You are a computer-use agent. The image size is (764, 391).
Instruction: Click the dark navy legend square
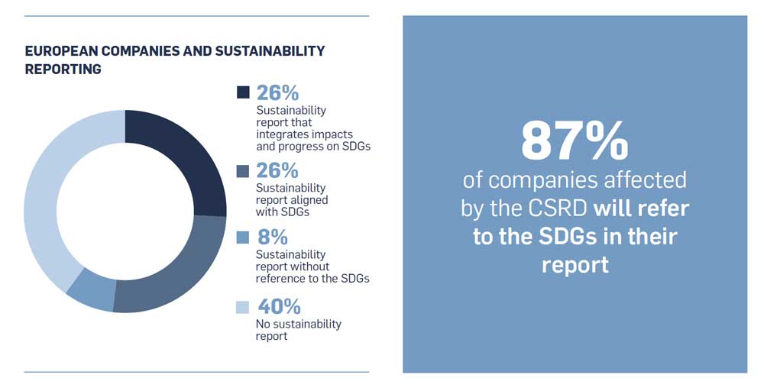243,92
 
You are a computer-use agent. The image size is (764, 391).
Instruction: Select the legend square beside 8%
243,238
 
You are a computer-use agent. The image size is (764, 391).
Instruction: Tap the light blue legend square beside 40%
243,307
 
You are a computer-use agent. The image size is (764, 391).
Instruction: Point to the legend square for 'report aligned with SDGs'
243,170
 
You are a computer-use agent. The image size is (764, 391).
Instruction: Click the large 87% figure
575,140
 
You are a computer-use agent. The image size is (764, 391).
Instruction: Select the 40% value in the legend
279,307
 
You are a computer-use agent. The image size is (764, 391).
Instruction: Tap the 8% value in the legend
273,238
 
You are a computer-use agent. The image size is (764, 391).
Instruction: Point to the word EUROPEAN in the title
62,51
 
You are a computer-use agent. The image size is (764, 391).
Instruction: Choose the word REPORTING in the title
63,69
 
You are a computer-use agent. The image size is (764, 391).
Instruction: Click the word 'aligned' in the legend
309,200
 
